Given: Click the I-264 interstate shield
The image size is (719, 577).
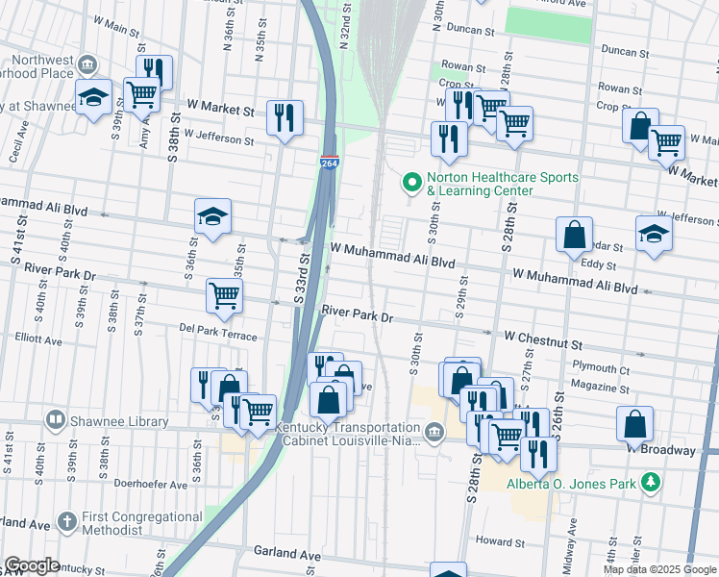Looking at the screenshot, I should pos(330,163).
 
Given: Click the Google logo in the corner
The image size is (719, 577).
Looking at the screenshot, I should pos(31,565).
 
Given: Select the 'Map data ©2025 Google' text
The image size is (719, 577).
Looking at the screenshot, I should pos(658,569).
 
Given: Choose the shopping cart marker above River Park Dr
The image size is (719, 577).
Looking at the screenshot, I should pos(224,295).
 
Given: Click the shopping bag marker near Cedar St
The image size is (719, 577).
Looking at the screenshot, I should pos(574,235).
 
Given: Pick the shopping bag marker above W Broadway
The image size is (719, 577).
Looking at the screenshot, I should pos(635,423).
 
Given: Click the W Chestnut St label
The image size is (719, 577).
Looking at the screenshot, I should pos(544,341).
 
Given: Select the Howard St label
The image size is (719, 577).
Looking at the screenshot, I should pos(499,541).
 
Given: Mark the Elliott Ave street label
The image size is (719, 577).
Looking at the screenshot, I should pos(38,339).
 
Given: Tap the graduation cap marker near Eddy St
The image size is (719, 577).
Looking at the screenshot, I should pos(654,234).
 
